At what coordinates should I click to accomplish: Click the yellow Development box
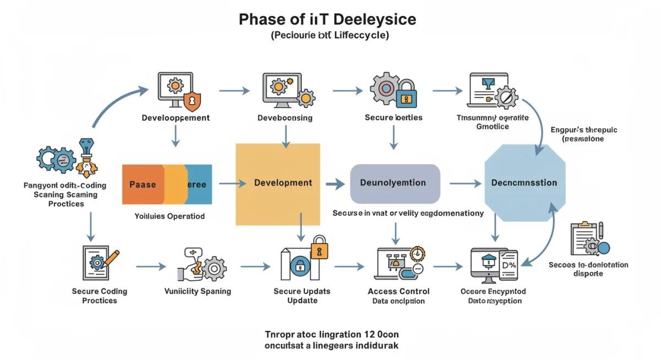(278, 184)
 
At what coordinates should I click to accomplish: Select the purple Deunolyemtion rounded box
(395, 183)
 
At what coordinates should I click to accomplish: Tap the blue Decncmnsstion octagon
(524, 183)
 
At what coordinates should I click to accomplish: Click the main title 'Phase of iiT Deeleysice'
(327, 19)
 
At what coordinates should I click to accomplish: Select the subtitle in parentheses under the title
(329, 36)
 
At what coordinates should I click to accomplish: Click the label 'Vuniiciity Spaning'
(198, 291)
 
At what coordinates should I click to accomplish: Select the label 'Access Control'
(398, 291)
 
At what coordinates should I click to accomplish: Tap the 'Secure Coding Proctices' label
(99, 296)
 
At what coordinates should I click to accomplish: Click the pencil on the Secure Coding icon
(112, 258)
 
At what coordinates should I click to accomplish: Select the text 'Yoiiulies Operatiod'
(169, 216)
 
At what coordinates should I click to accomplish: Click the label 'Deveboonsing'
(285, 118)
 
